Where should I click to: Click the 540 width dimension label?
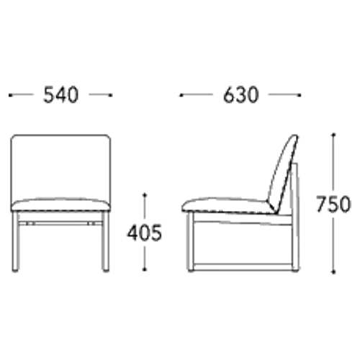(x=60, y=95)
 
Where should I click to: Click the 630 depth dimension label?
(x=240, y=95)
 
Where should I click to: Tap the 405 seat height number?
(x=145, y=233)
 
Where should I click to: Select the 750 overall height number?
(x=333, y=204)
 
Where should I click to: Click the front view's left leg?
(x=16, y=242)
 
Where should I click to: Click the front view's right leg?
(x=105, y=242)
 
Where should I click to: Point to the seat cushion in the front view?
(x=60, y=204)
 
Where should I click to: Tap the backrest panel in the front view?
(x=60, y=168)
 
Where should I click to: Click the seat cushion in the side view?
(x=228, y=205)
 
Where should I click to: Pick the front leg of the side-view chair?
(x=190, y=242)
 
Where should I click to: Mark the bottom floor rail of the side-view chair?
(x=243, y=266)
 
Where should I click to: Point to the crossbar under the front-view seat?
(x=60, y=223)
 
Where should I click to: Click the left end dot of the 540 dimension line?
(x=10, y=95)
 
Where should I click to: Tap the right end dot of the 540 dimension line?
(x=111, y=95)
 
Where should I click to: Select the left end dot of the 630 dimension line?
(x=181, y=95)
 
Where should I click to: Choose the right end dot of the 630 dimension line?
(x=300, y=95)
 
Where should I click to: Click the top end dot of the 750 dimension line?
(x=333, y=135)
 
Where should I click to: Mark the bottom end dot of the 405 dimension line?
(x=145, y=270)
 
